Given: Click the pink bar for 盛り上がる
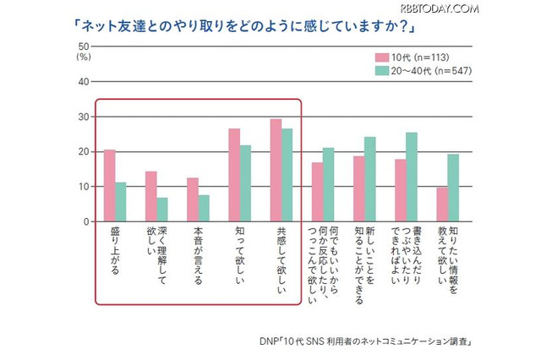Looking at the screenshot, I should pos(109,186).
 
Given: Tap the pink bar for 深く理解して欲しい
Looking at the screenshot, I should pos(151,197).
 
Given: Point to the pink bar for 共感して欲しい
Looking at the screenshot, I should pos(276,170).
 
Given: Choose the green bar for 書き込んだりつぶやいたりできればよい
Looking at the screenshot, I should pos(412,177).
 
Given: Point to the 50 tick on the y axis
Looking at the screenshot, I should pos(83,46).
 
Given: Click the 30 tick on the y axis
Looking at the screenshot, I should pos(83,117).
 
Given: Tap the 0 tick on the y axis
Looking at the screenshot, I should pos(85,221).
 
